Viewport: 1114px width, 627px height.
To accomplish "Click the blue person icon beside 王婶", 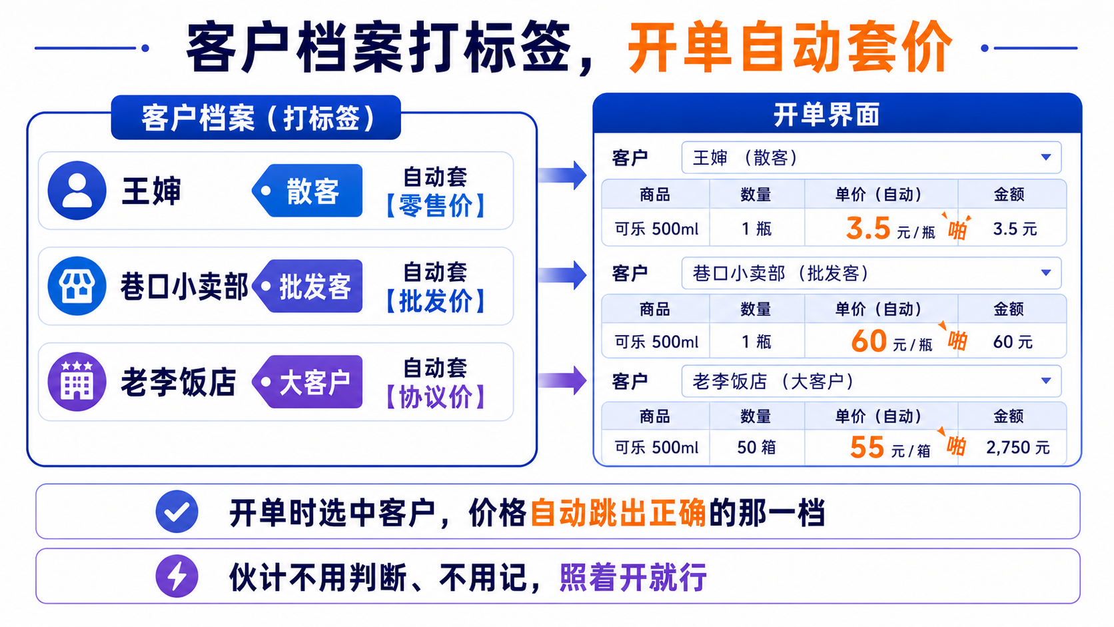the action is [x=77, y=191].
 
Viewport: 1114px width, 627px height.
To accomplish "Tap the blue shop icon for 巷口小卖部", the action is [x=77, y=286].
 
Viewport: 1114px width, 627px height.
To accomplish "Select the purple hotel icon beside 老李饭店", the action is [x=77, y=381].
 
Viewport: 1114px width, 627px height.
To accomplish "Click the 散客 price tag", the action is [x=307, y=191].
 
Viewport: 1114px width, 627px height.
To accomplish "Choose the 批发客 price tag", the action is [x=307, y=287].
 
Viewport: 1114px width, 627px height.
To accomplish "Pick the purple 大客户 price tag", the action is [x=307, y=382].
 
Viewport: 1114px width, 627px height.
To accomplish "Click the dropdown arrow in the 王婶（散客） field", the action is [x=1046, y=158].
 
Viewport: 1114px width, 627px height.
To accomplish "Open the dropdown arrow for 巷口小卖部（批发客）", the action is [x=1046, y=273].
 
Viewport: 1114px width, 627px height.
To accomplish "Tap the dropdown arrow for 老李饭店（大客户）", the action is [x=1046, y=381].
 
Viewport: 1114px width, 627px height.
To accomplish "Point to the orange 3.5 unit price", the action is [x=868, y=229].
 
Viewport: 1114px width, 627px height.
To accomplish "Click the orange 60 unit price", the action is [x=869, y=342].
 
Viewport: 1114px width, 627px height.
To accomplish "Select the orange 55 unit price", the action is [x=867, y=447].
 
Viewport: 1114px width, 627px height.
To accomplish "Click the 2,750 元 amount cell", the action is [x=1017, y=448].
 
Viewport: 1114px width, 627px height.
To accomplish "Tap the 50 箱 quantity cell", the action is [x=756, y=448].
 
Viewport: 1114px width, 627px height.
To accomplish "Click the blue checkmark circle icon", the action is [x=177, y=512].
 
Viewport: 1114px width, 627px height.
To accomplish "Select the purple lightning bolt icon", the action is [x=177, y=576].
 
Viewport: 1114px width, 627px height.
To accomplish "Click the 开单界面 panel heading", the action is [x=827, y=115].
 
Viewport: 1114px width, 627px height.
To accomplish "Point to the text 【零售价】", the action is [x=436, y=206].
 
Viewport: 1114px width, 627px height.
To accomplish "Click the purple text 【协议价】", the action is [x=436, y=397].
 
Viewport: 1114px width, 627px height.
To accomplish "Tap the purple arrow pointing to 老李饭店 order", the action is [x=562, y=381].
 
